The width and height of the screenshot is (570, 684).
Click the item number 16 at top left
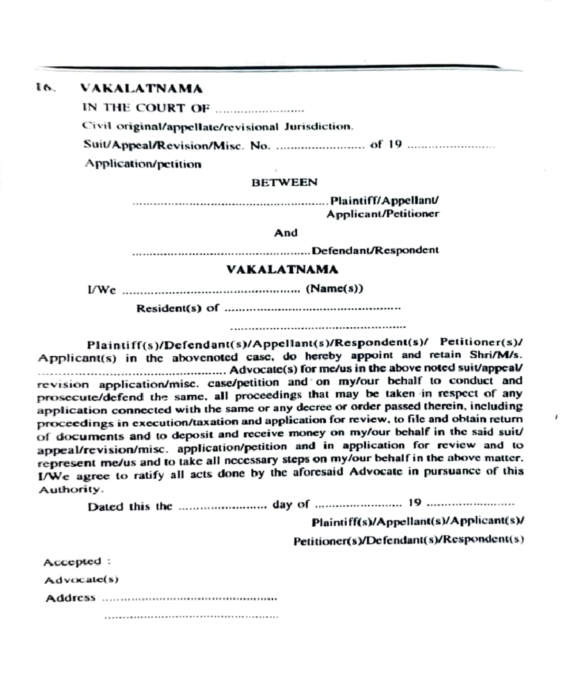[x=45, y=88]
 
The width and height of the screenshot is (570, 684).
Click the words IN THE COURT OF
[x=145, y=108]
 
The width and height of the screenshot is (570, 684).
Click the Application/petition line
[x=143, y=164]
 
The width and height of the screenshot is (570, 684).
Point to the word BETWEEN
[x=284, y=182]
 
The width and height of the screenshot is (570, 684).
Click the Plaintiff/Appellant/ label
[x=385, y=201]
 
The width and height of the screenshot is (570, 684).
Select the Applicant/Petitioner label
[x=382, y=214]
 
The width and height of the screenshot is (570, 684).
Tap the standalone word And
[x=285, y=233]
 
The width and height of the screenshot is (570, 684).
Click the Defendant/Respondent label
[x=375, y=250]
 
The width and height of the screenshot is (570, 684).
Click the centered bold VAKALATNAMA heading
[x=282, y=270]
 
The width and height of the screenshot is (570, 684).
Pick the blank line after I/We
[x=211, y=290]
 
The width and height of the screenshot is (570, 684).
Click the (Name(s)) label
[x=334, y=289]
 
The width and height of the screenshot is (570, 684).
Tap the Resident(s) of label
[x=178, y=308]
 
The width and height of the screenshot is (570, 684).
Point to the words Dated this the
[x=130, y=506]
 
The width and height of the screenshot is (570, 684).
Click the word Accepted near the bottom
[x=73, y=562]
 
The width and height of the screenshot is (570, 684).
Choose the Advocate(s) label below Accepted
[x=81, y=580]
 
